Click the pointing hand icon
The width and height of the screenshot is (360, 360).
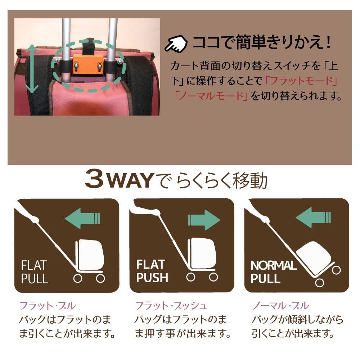click(x=176, y=44)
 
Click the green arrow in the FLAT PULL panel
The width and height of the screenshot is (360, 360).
click(x=82, y=218)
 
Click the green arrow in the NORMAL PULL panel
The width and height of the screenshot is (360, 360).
click(x=313, y=217)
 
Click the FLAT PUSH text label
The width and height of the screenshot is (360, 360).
click(x=152, y=271)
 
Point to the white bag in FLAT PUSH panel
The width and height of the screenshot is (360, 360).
click(x=203, y=252)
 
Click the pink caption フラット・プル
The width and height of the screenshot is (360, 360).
click(x=48, y=306)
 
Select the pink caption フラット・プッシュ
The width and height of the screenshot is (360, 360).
click(x=171, y=306)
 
